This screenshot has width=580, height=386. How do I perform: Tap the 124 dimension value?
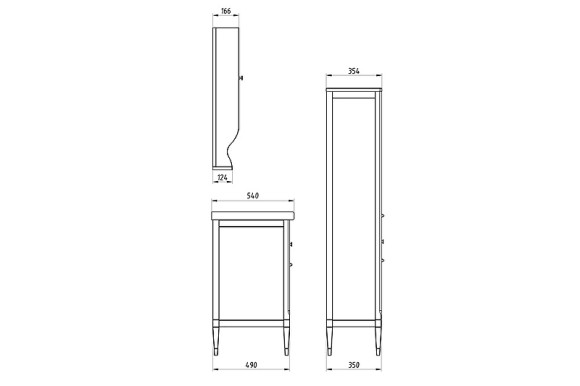tap(224, 179)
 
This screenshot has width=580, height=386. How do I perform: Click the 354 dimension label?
tap(353, 72)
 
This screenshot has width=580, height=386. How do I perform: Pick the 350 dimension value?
tap(354, 367)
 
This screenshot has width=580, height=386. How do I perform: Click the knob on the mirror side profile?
tap(244, 77)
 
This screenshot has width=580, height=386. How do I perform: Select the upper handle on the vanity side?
tap(291, 244)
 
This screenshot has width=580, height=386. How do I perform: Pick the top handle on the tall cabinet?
tap(383, 217)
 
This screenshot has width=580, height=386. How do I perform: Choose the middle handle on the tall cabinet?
tap(383, 240)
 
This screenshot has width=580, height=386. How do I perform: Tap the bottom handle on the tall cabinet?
tap(383, 260)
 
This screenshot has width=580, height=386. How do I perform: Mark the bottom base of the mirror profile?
tap(224, 166)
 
